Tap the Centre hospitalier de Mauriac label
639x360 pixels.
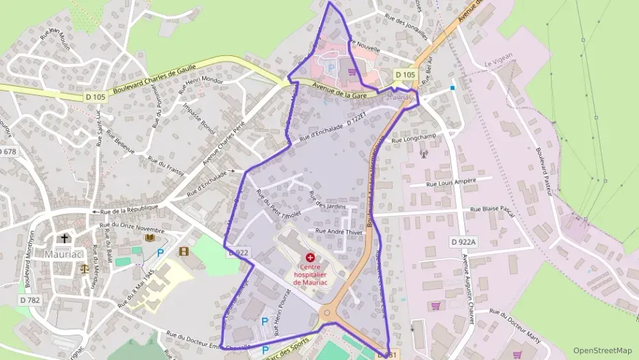pos(311,274)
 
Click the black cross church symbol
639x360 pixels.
pos(65,238)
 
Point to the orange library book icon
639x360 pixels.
pos(150,237)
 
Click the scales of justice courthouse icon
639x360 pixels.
pos(85,268)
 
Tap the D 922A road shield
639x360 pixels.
pos(464,242)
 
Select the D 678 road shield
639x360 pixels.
pos(6,151)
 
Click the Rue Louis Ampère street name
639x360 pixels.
pos(451,182)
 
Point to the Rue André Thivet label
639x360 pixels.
pos(339,232)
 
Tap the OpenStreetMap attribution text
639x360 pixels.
pos(602,350)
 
